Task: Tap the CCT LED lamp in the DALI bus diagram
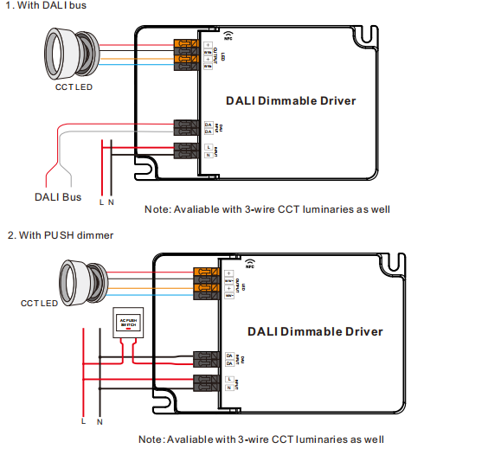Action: [x=74, y=54]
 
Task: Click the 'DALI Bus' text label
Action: [x=58, y=196]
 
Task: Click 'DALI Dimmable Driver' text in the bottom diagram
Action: [x=314, y=331]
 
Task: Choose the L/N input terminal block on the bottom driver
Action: [x=207, y=383]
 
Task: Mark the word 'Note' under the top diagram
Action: [x=157, y=209]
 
